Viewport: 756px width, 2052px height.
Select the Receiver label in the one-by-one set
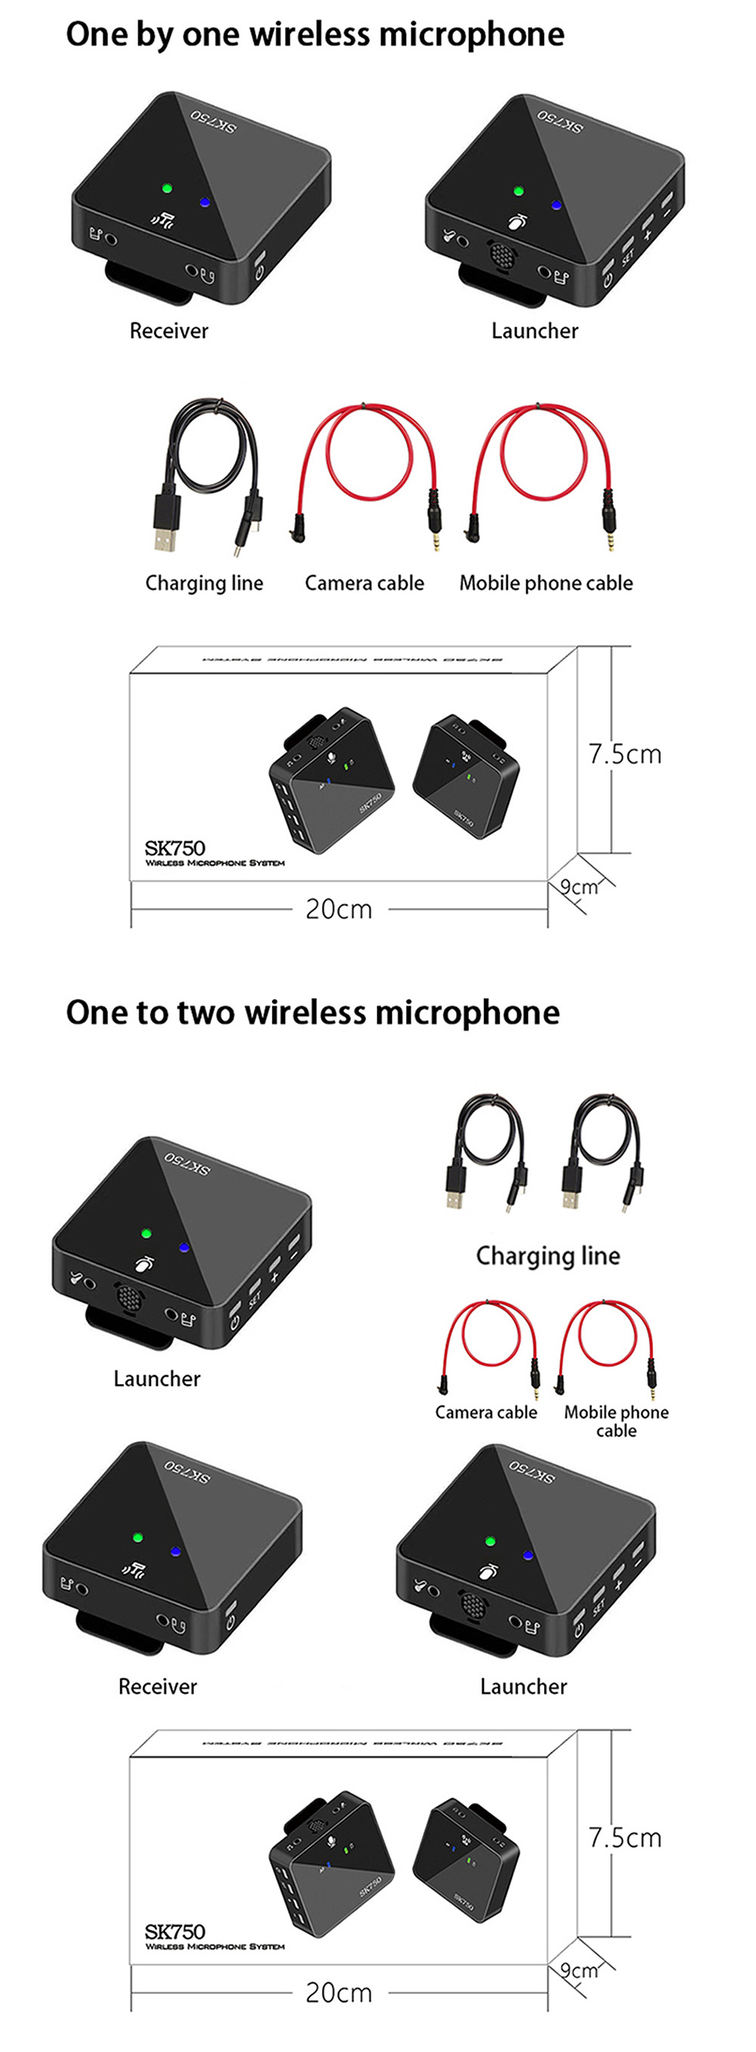pyautogui.click(x=169, y=330)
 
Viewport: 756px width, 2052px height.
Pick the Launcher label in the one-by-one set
pyautogui.click(x=534, y=330)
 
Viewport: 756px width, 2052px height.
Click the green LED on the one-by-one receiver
pyautogui.click(x=167, y=189)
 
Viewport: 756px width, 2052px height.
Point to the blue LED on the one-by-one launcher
pyautogui.click(x=556, y=205)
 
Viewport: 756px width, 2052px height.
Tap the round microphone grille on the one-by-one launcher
pyautogui.click(x=501, y=256)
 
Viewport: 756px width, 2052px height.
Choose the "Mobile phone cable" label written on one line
pyautogui.click(x=546, y=583)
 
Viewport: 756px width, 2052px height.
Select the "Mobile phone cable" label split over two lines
pyautogui.click(x=616, y=1421)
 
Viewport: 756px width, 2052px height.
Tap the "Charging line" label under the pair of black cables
pyautogui.click(x=548, y=1255)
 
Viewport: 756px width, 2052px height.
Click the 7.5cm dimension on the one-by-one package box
pyautogui.click(x=624, y=754)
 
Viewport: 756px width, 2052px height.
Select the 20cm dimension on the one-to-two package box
pyautogui.click(x=339, y=1992)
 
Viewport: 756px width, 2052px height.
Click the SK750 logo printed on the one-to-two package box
pyautogui.click(x=175, y=1931)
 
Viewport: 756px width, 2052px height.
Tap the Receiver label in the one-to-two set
pyautogui.click(x=158, y=1686)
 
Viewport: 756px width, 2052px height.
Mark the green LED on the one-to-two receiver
pyautogui.click(x=138, y=1537)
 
